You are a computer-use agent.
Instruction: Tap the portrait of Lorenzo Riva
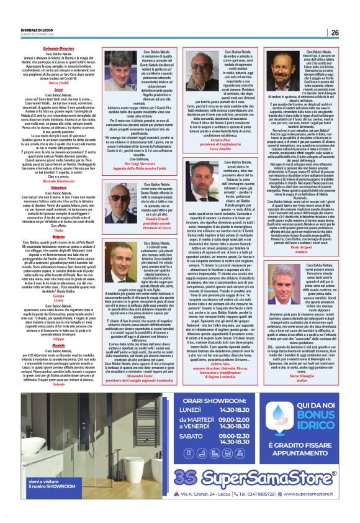pos(198,70)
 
